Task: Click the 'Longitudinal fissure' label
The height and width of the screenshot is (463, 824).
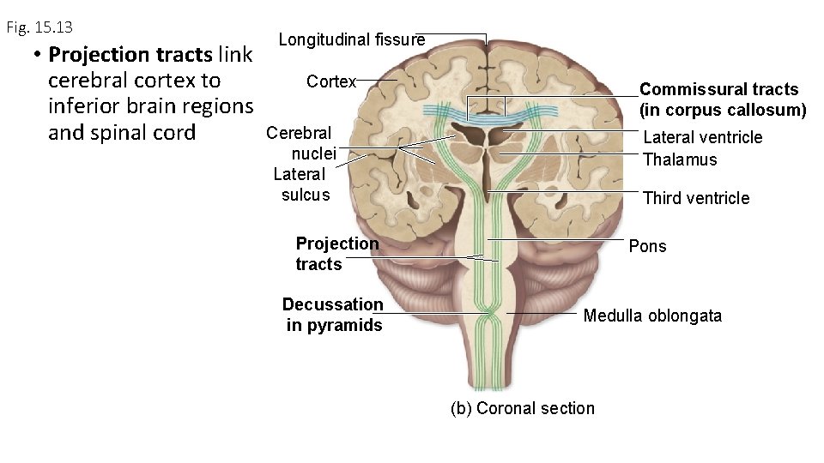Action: [351, 39]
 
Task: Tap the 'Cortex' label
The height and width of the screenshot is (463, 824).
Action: [330, 81]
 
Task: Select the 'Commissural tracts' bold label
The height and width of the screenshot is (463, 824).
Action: [718, 89]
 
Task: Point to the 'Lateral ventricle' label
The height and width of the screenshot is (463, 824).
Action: [702, 137]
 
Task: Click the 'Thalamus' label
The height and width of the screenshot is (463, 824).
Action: [679, 159]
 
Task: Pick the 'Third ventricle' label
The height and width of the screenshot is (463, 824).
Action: [695, 198]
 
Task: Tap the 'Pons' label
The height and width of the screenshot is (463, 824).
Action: [647, 246]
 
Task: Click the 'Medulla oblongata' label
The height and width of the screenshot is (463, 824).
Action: [652, 316]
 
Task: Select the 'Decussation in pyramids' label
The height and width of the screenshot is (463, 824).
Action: [333, 315]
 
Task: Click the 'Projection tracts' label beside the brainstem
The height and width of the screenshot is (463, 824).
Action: [336, 254]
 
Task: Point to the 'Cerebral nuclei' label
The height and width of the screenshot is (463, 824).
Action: [300, 143]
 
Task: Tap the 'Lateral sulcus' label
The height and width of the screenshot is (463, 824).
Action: [300, 184]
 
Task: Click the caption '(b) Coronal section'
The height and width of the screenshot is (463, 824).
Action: [522, 408]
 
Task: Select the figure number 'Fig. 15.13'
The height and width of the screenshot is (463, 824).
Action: [39, 27]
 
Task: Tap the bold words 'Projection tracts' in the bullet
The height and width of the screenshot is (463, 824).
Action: [130, 55]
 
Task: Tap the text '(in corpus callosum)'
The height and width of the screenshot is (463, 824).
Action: [723, 110]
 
